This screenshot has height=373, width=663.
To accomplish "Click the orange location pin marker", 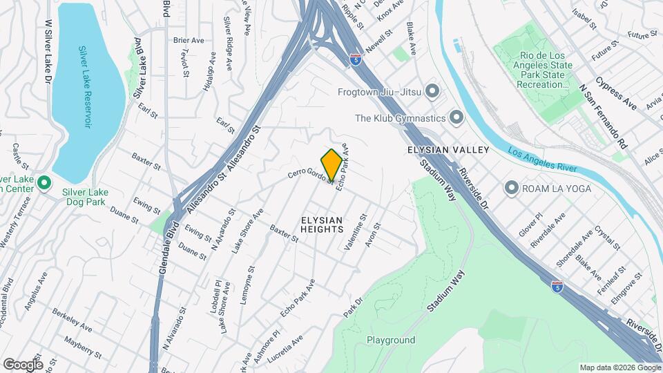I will click(x=332, y=164).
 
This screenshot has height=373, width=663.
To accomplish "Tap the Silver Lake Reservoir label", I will click(x=84, y=86).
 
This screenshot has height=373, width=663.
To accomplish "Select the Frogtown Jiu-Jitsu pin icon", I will click(x=433, y=90).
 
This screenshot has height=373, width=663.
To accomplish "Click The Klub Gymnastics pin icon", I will click(x=456, y=117).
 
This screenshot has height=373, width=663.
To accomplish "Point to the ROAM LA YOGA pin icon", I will click(x=511, y=187).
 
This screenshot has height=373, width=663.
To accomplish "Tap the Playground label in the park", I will click(x=391, y=340).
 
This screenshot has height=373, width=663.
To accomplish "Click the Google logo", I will click(x=22, y=364).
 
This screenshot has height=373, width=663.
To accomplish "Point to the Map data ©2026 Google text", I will click(x=619, y=367).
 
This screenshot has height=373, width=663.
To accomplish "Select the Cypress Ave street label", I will click(x=617, y=93).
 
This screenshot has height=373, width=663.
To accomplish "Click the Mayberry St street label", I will click(x=82, y=347).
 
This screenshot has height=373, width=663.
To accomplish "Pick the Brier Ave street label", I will click(x=189, y=41).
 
